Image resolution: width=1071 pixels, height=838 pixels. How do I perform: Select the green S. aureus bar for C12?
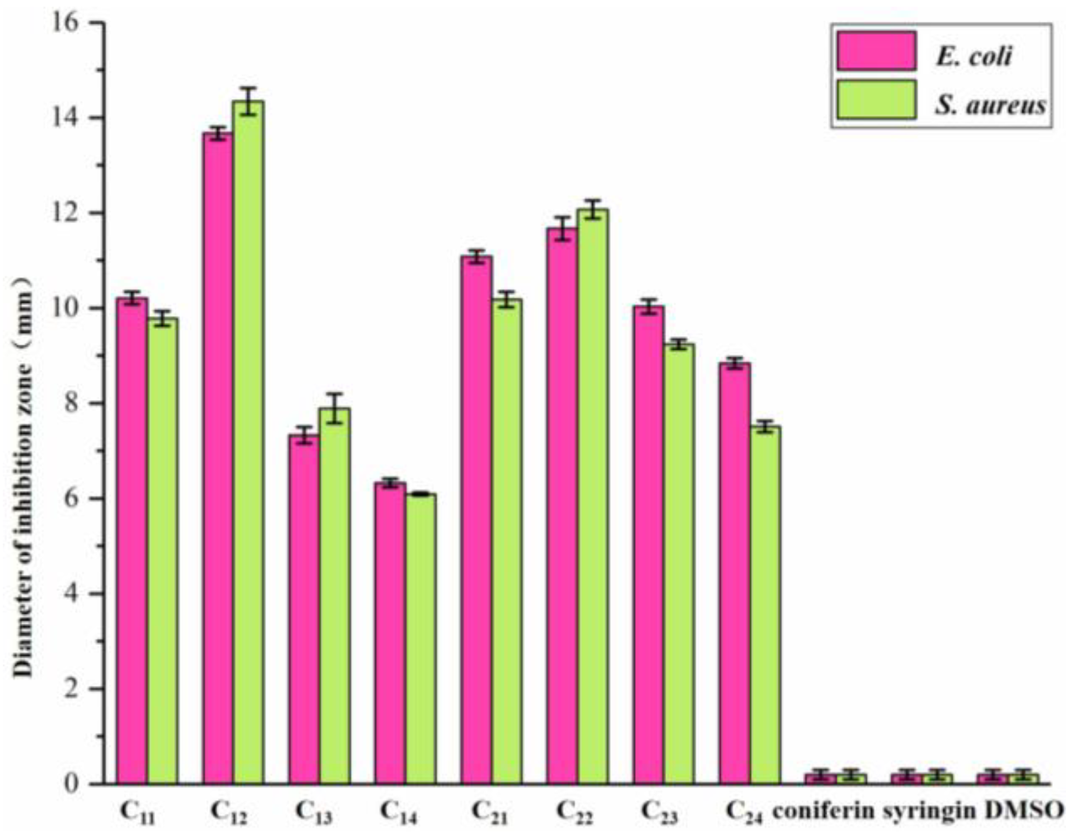[x=248, y=442]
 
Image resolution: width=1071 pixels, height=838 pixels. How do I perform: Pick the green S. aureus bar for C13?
[x=335, y=596]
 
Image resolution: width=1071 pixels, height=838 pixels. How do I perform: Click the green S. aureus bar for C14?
[x=420, y=638]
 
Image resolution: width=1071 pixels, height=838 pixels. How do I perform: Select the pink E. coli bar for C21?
[x=476, y=520]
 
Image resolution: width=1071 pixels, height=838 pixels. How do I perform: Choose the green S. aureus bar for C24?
[x=765, y=605]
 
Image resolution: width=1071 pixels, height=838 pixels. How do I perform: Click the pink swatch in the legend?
[x=876, y=51]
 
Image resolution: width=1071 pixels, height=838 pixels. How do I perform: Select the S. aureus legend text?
[x=990, y=105]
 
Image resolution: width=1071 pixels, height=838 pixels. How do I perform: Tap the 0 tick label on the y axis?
[x=71, y=783]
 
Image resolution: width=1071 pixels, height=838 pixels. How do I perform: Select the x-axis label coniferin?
[x=823, y=811]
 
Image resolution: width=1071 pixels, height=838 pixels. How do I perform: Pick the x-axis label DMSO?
[x=1024, y=810]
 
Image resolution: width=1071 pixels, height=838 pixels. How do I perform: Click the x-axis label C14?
[x=399, y=812]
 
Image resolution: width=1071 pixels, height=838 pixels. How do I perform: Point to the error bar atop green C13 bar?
[x=335, y=408]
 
